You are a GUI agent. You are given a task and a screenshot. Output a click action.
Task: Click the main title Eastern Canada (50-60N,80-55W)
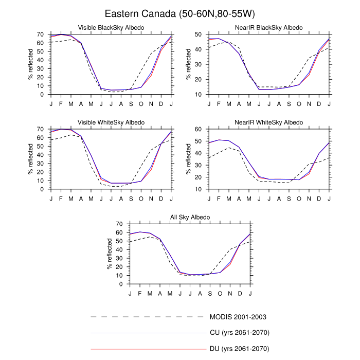(x=179, y=13)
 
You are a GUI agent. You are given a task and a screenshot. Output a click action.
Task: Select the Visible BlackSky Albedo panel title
(x=111, y=27)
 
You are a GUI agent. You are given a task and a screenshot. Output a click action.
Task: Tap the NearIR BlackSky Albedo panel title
(x=269, y=27)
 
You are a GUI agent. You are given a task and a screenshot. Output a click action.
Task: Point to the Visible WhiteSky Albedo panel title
(x=111, y=122)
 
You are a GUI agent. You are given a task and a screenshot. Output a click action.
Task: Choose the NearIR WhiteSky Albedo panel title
(x=269, y=122)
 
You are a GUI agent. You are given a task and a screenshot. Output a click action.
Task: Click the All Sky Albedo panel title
(x=190, y=217)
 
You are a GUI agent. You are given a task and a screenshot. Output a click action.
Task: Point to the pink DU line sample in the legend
(x=148, y=350)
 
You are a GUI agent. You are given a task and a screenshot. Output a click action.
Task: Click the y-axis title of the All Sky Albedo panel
(x=110, y=254)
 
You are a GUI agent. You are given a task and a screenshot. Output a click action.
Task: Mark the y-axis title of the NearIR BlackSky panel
(x=189, y=64)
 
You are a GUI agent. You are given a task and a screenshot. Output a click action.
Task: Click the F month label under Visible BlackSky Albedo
(x=61, y=103)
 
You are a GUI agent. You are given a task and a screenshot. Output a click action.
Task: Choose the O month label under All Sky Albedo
(x=220, y=293)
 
